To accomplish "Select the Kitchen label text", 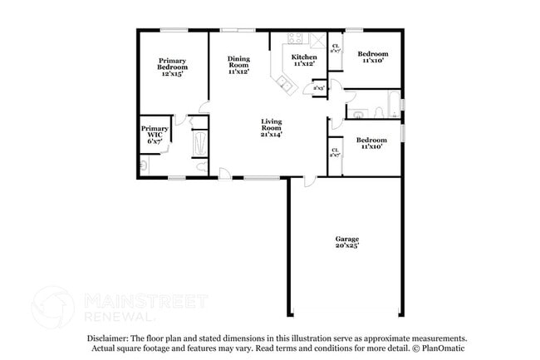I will coord(303,57).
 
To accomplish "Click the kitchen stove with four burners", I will coord(296,37).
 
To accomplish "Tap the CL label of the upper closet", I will coord(335,46).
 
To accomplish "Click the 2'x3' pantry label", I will coord(318,87).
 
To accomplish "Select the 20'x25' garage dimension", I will coord(346,246).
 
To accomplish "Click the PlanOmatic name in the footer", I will coord(435,348).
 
